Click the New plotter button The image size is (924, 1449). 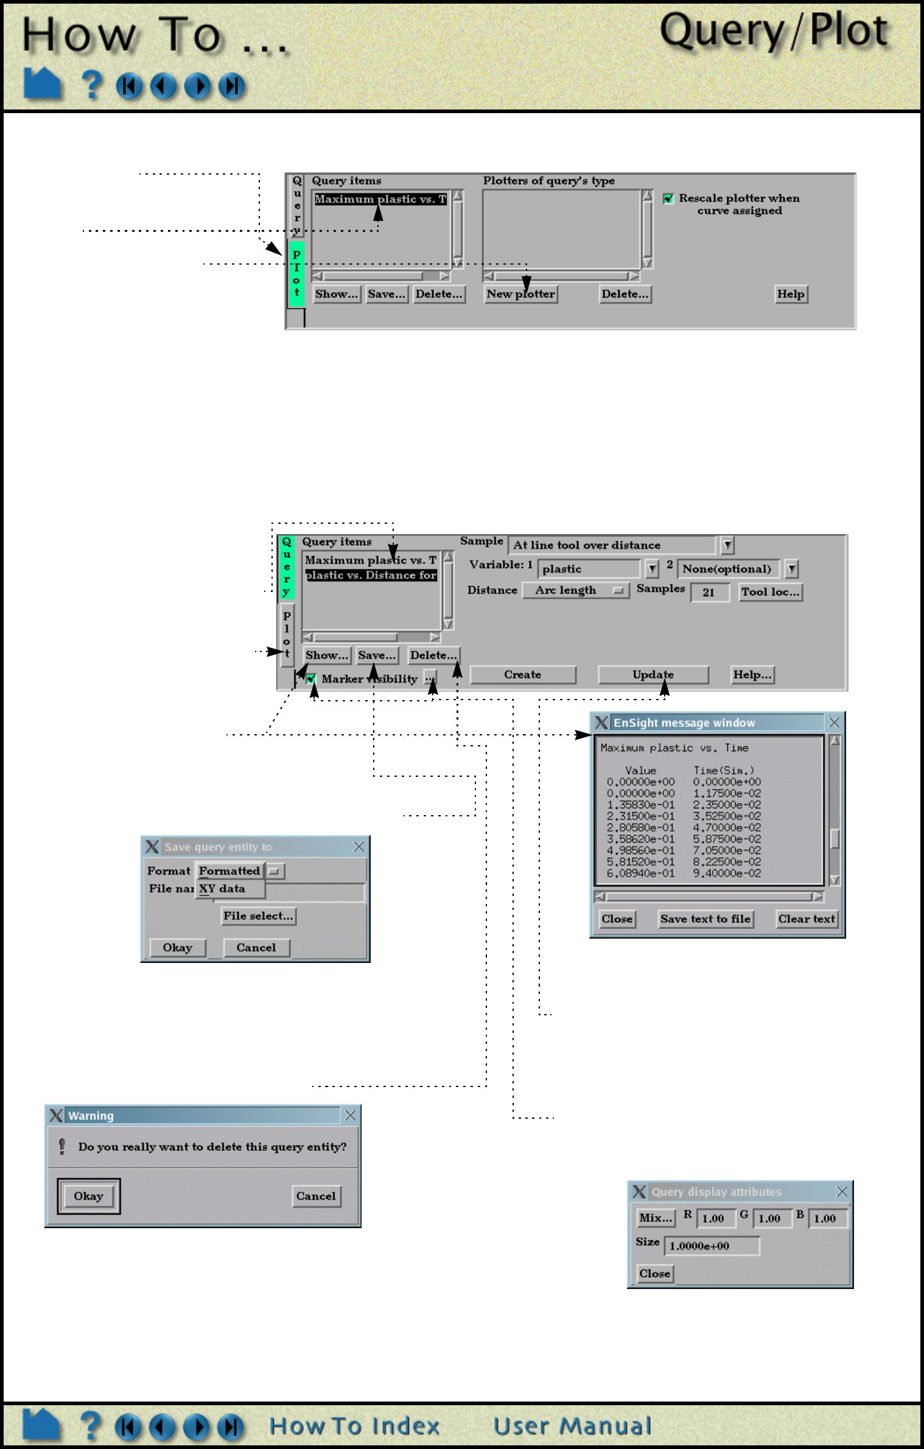[520, 294]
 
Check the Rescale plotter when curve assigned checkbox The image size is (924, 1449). [668, 199]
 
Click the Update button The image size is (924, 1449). [653, 675]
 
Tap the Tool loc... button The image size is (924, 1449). [770, 592]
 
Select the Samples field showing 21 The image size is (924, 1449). [709, 592]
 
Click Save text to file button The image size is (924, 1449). [705, 919]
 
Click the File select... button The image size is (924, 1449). [258, 916]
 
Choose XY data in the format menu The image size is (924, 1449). [223, 889]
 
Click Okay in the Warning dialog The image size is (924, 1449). [89, 1197]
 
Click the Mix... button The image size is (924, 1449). [656, 1218]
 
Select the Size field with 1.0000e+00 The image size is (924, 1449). [711, 1246]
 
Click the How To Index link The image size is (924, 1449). [354, 1426]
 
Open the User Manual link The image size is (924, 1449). [572, 1426]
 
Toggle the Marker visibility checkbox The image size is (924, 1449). [311, 679]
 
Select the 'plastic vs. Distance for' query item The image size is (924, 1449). [371, 575]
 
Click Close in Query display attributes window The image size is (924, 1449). [654, 1274]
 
